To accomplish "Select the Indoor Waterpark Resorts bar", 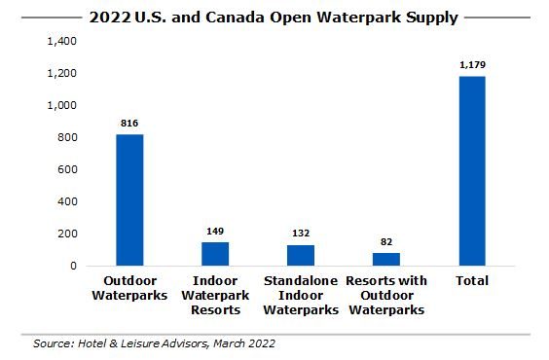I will [214, 253].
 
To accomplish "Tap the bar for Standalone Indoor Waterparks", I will [300, 255].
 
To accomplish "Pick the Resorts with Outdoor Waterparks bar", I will [385, 259].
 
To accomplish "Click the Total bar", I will [471, 170].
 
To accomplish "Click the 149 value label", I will [214, 231].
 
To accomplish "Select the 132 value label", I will [300, 234].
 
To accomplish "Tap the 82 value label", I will [385, 241].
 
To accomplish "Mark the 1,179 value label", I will [471, 65].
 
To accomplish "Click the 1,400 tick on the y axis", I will [59, 42].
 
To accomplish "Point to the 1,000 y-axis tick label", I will [59, 106].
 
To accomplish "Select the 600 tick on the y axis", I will [65, 170].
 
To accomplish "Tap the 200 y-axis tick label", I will [65, 234].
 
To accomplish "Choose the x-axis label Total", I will [471, 281].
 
